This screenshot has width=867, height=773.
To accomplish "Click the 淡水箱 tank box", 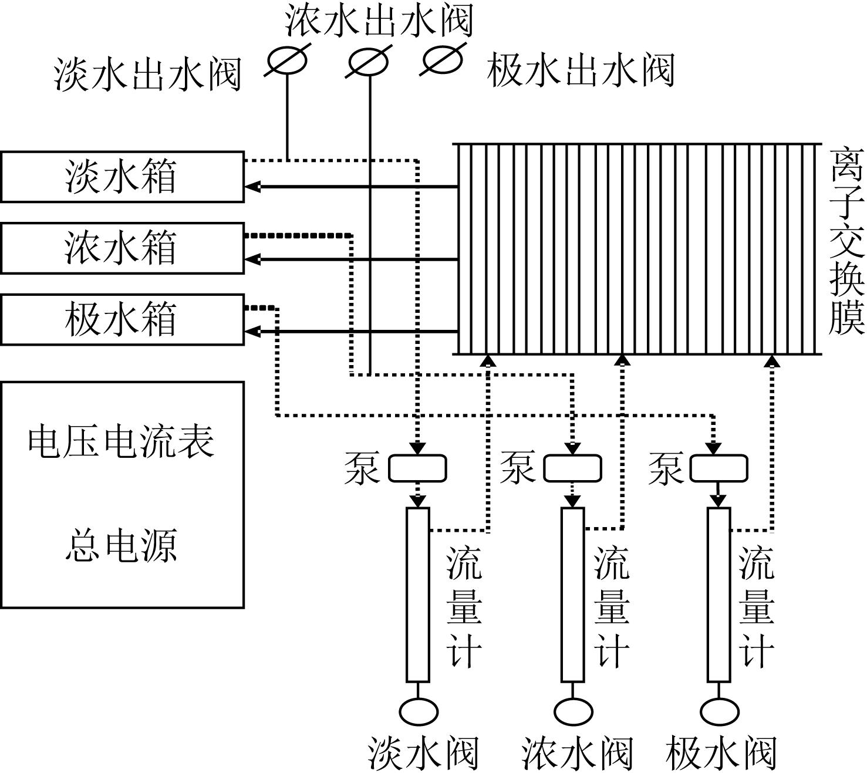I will point(122,177).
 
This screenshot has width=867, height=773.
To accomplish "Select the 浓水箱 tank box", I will point(122,248).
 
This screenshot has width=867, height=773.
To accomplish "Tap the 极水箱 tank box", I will point(122,319).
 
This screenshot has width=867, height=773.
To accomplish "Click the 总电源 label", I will point(121,545).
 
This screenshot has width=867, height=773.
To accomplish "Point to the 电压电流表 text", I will point(121,441).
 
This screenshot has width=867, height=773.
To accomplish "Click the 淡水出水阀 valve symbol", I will point(287,61).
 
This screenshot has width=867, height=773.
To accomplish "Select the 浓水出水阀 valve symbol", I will point(369,62).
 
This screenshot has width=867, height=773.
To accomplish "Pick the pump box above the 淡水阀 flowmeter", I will point(417,468).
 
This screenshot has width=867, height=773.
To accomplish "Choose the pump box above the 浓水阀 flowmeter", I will point(572,468).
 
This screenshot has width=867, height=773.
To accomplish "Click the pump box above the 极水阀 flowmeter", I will point(718,468).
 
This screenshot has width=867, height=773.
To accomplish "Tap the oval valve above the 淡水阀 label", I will point(419,711).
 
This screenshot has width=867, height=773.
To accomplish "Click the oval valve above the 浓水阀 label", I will point(573,711).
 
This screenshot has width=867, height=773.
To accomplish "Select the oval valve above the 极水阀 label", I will point(720,711).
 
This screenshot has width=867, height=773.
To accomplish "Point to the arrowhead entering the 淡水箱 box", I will point(252,187).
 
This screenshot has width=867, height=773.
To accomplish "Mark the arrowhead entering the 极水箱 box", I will point(252,332).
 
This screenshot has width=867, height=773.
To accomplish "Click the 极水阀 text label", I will point(721,754).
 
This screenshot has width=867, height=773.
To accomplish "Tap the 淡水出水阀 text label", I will point(147,75).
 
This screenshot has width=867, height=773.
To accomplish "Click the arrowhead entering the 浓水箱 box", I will point(252,259).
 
